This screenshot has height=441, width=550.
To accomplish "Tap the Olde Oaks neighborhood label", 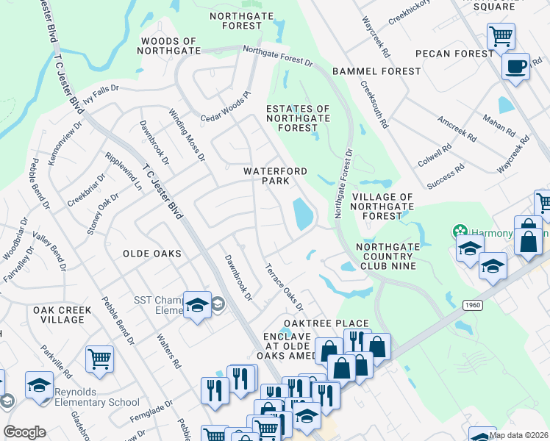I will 152,254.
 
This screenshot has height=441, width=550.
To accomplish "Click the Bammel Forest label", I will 376,71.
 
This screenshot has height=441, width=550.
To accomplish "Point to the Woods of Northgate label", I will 169,46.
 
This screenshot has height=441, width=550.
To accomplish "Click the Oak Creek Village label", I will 62,315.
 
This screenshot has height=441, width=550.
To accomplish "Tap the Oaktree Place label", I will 326,323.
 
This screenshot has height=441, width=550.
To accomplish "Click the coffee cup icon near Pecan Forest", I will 515,66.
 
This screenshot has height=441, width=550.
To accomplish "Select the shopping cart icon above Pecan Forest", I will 501,35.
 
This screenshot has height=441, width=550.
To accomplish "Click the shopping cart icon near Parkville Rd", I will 99,359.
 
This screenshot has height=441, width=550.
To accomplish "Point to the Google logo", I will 24,432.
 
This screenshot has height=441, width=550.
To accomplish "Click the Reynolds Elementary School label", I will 96,402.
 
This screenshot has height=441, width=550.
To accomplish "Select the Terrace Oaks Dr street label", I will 285,287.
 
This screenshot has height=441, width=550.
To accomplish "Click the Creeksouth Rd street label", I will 374,103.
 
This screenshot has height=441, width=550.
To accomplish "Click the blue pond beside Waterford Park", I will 303,214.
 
